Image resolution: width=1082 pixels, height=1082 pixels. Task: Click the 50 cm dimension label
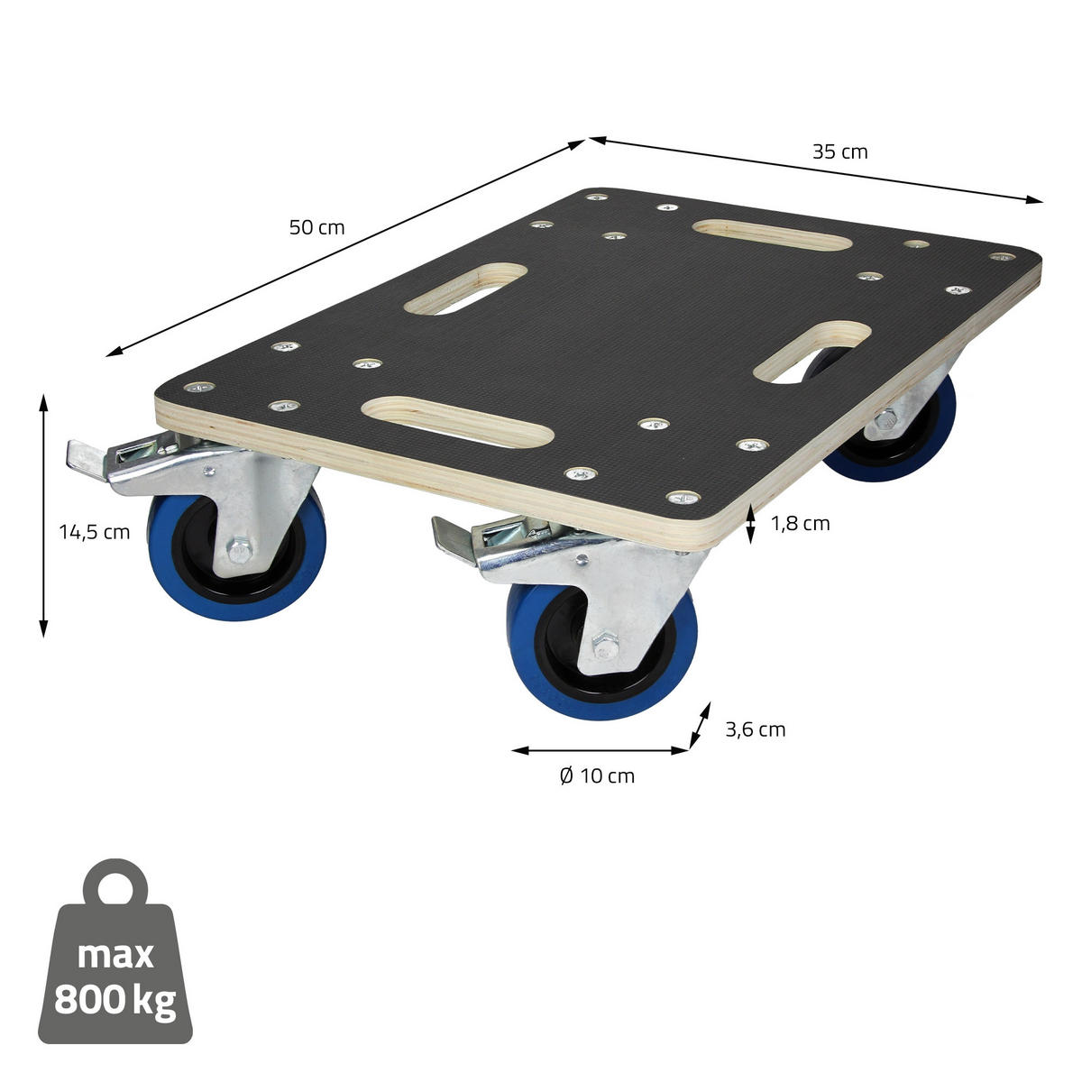(316, 227)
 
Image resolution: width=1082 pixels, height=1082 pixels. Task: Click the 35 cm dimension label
(839, 151)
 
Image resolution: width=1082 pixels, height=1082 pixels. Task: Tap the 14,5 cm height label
(95, 532)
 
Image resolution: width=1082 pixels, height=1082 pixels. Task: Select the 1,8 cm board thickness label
(800, 523)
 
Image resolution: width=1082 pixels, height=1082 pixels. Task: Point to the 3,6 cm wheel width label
(755, 729)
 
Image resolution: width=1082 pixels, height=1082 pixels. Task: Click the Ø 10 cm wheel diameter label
(597, 775)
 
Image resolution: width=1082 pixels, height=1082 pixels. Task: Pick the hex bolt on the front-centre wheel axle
(606, 646)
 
